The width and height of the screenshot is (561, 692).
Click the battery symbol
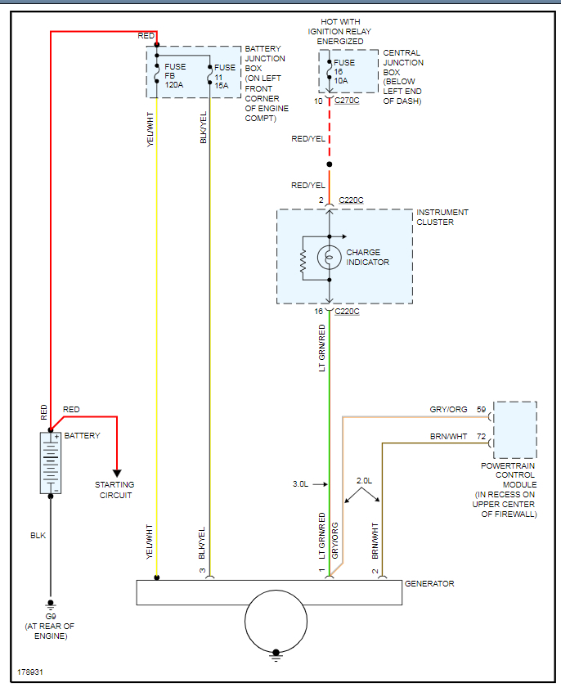tap(51, 463)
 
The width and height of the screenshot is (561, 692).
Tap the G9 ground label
tap(51, 616)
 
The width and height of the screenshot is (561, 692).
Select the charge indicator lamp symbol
tap(329, 257)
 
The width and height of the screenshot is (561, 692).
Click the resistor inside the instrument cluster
tap(303, 258)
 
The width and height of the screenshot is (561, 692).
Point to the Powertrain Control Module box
tap(515, 430)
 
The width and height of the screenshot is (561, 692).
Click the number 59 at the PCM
tap(482, 410)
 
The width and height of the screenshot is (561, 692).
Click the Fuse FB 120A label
tap(175, 76)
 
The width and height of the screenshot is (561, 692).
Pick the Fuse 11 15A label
tap(225, 76)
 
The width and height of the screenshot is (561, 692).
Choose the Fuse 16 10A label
tap(344, 71)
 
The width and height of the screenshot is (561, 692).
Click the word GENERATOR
tap(429, 584)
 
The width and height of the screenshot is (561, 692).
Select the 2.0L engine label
tap(364, 481)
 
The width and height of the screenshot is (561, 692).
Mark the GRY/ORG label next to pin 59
tap(448, 410)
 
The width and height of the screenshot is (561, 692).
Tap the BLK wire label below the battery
tap(38, 536)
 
